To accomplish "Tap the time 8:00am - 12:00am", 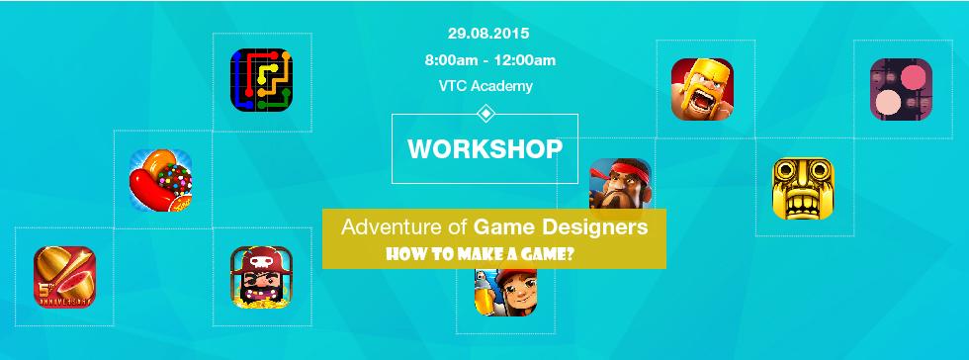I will point(489,60).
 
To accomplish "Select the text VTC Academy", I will point(485,85).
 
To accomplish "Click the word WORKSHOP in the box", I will point(484,149).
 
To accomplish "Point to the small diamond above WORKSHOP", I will point(484,114).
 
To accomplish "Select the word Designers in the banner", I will point(603,227).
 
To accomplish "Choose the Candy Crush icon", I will point(160,180).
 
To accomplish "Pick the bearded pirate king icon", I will point(262,277).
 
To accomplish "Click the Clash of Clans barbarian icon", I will point(702,89).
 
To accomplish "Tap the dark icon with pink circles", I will point(901,89).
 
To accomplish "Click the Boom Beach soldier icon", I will point(620,183).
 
